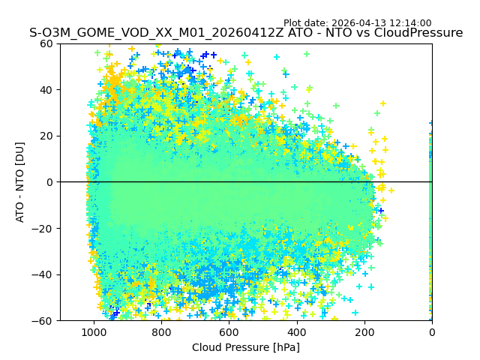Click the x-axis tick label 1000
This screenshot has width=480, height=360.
coord(94,332)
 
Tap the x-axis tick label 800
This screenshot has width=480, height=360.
coord(161,332)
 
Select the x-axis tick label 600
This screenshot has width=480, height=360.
coord(229,332)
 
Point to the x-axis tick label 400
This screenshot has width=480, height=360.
coord(297,332)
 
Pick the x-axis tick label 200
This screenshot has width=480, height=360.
coord(364,332)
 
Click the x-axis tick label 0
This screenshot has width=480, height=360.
coord(432,332)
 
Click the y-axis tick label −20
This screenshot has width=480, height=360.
coord(44,229)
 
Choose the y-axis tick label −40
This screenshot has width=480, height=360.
coord(44,274)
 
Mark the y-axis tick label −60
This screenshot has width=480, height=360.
coord(44,321)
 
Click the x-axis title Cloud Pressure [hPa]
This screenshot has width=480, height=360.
coord(246,347)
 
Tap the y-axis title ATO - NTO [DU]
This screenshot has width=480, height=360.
coord(21,182)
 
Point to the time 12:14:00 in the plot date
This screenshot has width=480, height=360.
coord(409,23)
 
